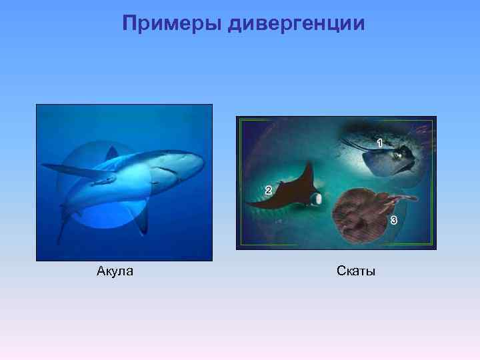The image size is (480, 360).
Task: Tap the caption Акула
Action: (115, 271)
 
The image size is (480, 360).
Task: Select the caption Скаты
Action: (356, 271)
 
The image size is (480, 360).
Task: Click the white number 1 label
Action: (380, 143)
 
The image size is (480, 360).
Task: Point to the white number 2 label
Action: (268, 190)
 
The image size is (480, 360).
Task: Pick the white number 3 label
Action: (394, 220)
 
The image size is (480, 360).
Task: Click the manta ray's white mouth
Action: (318, 198)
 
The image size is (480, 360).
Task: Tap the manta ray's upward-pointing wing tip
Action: (308, 165)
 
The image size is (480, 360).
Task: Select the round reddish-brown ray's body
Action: (360, 215)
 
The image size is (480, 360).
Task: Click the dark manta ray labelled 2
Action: (293, 194)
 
